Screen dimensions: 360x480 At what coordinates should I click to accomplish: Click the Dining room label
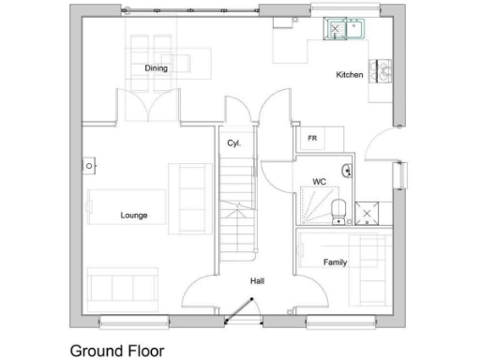156,68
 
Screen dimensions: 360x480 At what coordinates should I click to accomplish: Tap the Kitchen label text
350,75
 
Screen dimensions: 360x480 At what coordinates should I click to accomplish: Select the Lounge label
134,216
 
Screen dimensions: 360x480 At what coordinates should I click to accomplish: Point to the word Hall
256,281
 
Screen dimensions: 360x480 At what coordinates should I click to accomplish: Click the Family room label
336,262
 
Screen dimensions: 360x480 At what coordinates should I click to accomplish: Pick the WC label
319,182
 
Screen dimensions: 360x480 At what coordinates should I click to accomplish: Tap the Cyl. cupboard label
234,143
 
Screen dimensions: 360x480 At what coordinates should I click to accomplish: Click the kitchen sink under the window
343,29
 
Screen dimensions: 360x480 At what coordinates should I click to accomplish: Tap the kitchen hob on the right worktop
384,71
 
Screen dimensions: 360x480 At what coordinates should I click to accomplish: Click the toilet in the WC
338,212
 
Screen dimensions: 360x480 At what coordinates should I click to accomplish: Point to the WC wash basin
346,171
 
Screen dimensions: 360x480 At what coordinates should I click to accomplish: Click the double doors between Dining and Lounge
146,105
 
